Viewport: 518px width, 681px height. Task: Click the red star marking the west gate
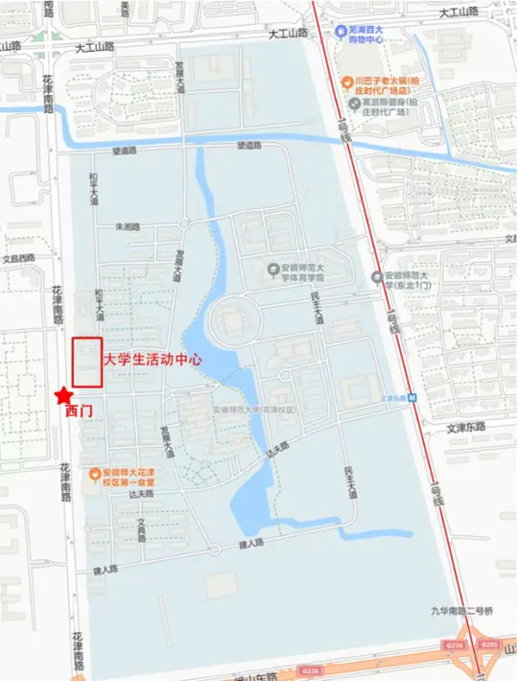(x=62, y=393)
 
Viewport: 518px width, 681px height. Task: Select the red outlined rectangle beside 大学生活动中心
(x=88, y=362)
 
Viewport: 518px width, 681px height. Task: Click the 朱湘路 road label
(x=128, y=227)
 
